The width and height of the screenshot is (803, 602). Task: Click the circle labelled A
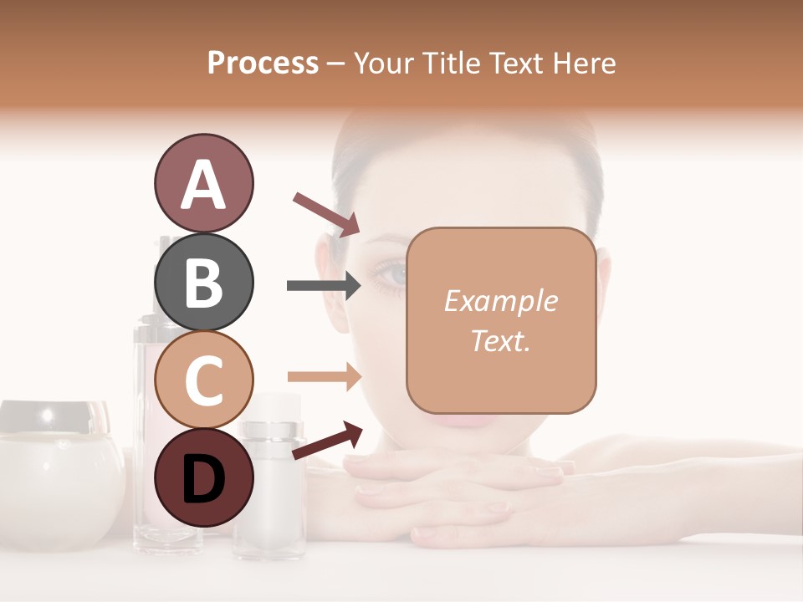click(x=203, y=184)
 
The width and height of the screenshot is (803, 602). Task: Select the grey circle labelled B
click(x=203, y=282)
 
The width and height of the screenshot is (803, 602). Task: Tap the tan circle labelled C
click(x=203, y=380)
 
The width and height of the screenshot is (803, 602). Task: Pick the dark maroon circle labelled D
click(x=203, y=477)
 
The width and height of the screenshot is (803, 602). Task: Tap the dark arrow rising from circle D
click(x=326, y=441)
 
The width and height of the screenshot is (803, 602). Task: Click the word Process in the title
click(x=263, y=63)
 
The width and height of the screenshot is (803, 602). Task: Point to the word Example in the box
click(x=500, y=301)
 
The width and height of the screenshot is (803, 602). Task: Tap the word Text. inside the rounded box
click(x=500, y=340)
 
